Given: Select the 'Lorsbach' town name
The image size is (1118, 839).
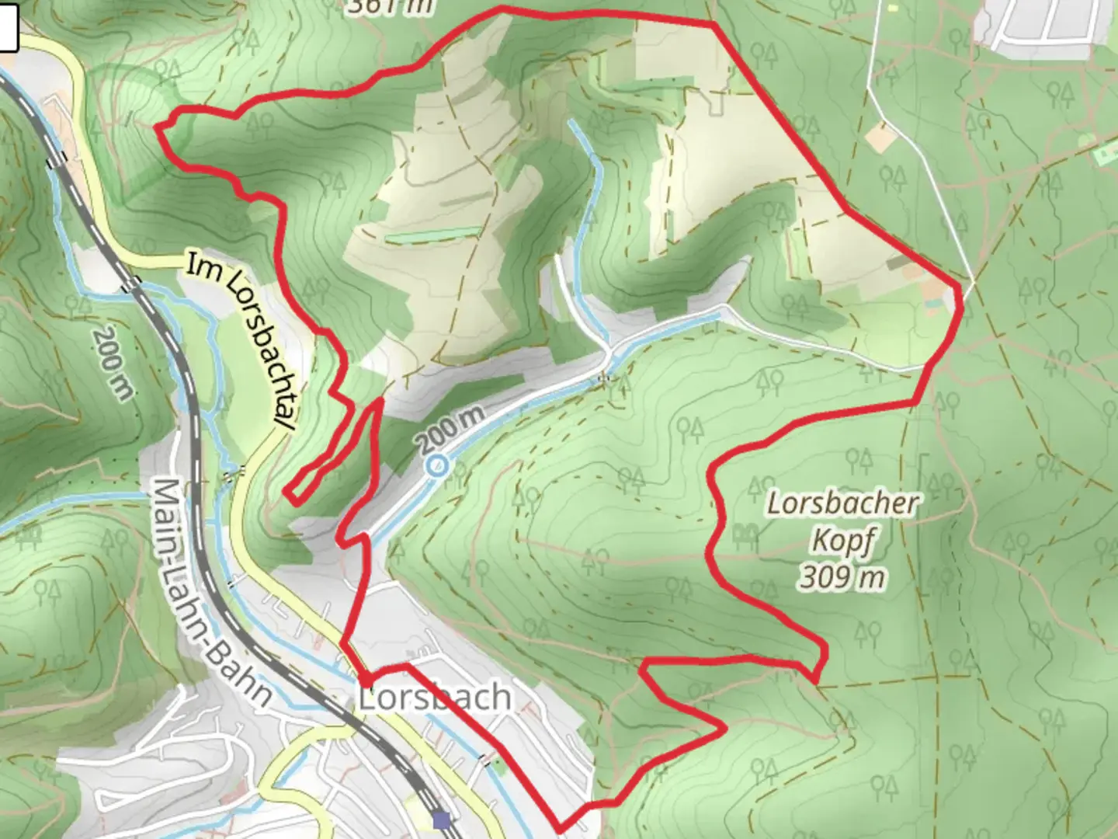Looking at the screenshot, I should coord(435,698).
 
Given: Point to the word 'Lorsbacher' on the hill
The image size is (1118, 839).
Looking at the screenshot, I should coord(842,503).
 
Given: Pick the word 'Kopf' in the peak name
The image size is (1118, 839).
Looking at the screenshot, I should coord(842,541).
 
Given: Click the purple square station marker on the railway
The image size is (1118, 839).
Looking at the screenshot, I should coord(442,819).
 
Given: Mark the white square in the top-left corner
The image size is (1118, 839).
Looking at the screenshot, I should coord(8,31).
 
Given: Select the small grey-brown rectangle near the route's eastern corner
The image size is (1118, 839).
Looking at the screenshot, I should coord(901,263).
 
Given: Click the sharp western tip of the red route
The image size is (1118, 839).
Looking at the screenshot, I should coord(158,127).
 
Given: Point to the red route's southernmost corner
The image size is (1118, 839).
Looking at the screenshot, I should coord(560,831).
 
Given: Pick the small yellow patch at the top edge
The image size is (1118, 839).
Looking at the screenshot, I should coord(893,8).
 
